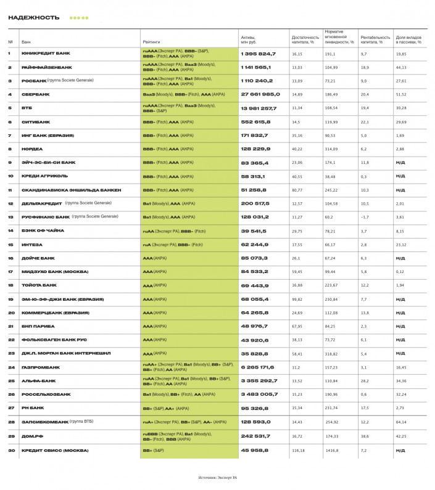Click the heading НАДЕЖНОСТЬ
pyautogui.click(x=34, y=17)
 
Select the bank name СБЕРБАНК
pyautogui.click(x=36, y=94)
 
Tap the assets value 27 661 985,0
pyautogui.click(x=260, y=94)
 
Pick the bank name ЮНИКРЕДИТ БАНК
pyautogui.click(x=46, y=54)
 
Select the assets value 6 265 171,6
pyautogui.click(x=259, y=367)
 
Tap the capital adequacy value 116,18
pyautogui.click(x=299, y=451)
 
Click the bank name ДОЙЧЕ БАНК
pyautogui.click(x=38, y=258)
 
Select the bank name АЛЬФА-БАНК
pyautogui.click(x=38, y=381)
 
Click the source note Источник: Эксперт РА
pyautogui.click(x=217, y=477)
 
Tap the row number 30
pyautogui.click(x=10, y=450)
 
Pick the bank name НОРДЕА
pyautogui.click(x=32, y=149)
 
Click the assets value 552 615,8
pyautogui.click(x=255, y=122)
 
